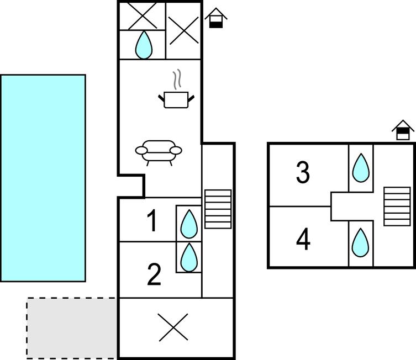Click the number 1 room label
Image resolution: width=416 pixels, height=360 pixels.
click(x=152, y=221)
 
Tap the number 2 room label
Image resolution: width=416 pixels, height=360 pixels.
click(x=154, y=274)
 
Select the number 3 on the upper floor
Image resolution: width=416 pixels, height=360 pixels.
click(x=303, y=173)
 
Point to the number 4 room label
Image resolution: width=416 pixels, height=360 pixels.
click(x=303, y=240)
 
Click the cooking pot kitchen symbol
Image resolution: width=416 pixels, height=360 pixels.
click(x=177, y=99)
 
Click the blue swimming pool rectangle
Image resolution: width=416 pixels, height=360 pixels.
click(x=43, y=178)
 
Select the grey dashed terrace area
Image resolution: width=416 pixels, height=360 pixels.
click(x=72, y=327)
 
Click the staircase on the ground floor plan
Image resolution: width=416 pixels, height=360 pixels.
click(x=218, y=209)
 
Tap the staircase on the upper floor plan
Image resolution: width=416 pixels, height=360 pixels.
click(x=397, y=206)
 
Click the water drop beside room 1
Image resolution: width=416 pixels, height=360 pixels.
click(x=189, y=224)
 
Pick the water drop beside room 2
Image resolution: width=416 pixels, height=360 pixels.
click(x=189, y=256)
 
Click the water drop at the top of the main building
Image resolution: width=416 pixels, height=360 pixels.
click(x=144, y=45)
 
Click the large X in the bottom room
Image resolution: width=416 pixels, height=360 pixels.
click(x=173, y=327)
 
